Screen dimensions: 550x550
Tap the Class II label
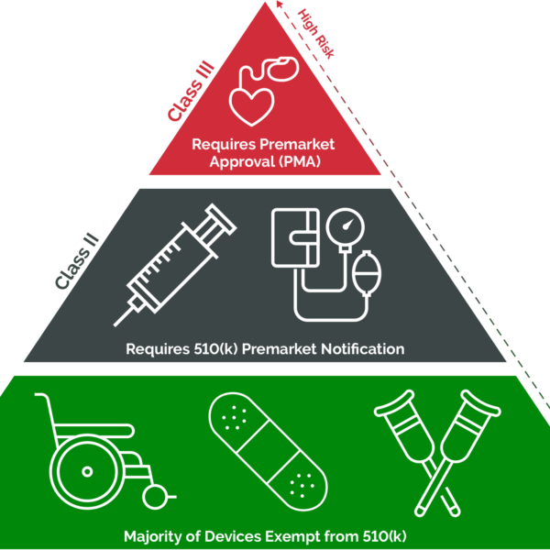[x=77, y=261]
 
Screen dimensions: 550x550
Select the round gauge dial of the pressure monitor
[x=345, y=224]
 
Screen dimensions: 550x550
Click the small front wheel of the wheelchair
[x=162, y=495]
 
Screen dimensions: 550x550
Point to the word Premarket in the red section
[x=300, y=145]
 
